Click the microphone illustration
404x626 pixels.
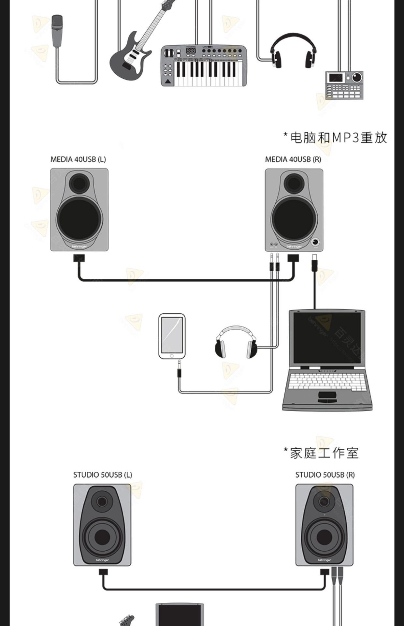(x=57, y=31)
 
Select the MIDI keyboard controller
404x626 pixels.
(x=204, y=66)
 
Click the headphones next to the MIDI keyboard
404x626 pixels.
(x=293, y=51)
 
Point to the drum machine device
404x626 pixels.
(x=344, y=85)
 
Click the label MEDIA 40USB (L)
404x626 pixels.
(x=78, y=159)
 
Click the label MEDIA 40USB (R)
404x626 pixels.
(x=293, y=159)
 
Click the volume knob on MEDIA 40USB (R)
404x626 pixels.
(x=315, y=242)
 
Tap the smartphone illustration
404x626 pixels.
(x=172, y=336)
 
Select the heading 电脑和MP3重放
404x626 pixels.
(x=335, y=138)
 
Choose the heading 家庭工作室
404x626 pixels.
(x=322, y=453)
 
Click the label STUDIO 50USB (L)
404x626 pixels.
(x=103, y=475)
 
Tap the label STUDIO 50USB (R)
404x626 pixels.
(x=325, y=475)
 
